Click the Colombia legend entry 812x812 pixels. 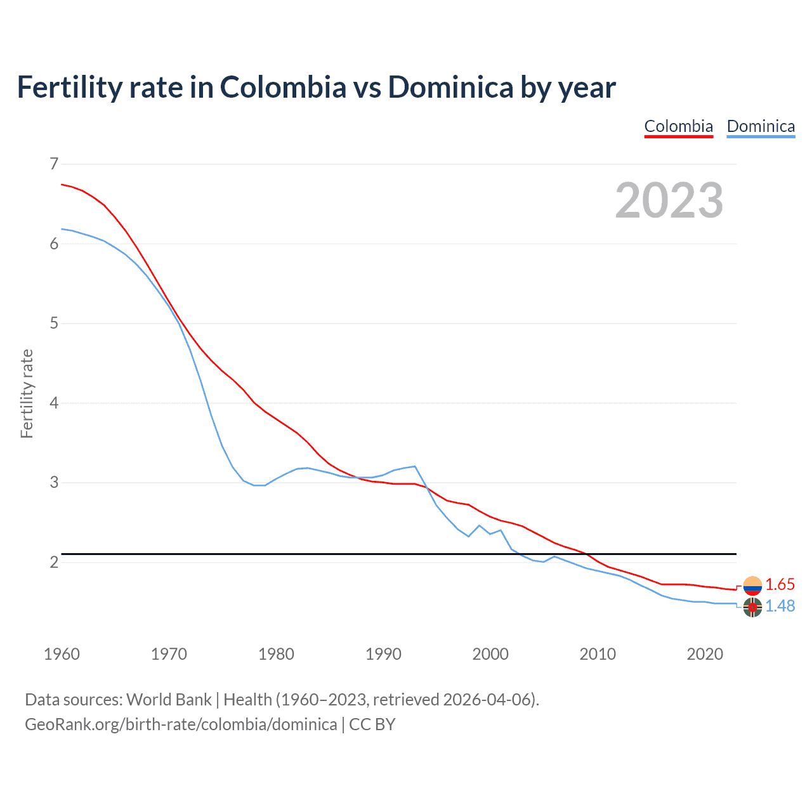(x=678, y=126)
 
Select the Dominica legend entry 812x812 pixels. (x=761, y=126)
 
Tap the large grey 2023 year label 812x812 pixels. (x=669, y=200)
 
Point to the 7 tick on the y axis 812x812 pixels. (x=54, y=164)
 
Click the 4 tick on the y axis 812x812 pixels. (x=54, y=403)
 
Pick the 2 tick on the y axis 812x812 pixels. (x=54, y=562)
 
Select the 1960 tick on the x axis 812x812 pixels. (x=62, y=654)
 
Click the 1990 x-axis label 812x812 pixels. (x=383, y=654)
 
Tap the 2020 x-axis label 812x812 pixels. (x=705, y=654)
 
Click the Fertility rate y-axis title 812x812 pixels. (x=27, y=393)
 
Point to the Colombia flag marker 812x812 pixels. (x=752, y=586)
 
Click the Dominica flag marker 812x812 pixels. (x=752, y=607)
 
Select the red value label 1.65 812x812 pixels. (x=780, y=584)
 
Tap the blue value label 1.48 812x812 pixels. (x=780, y=606)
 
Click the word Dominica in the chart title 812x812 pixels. (x=450, y=87)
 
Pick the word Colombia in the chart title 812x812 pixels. (x=283, y=87)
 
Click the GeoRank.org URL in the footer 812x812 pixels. (x=181, y=724)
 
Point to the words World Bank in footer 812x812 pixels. (x=169, y=700)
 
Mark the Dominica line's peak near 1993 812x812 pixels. (x=415, y=466)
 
